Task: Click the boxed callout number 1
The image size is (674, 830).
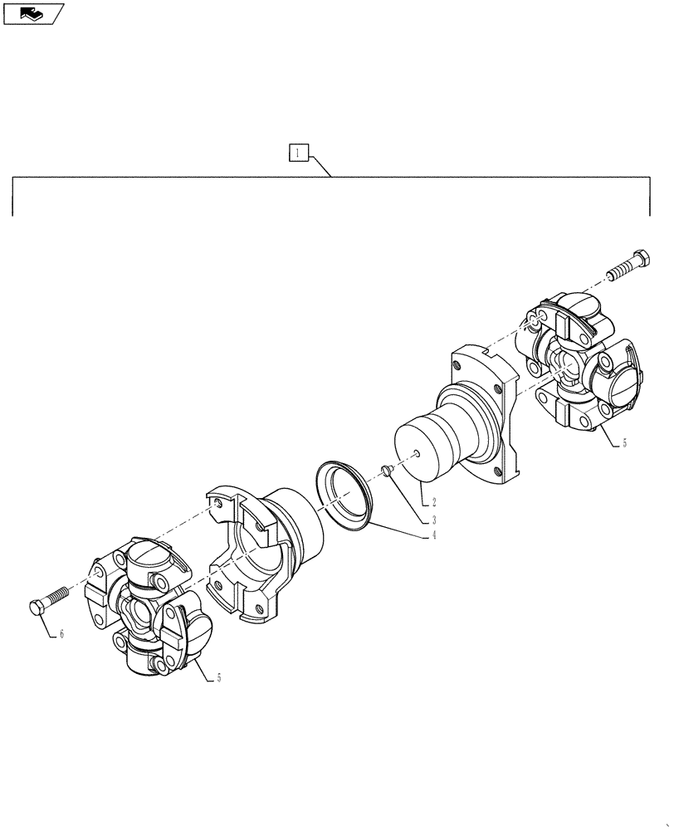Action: click(299, 153)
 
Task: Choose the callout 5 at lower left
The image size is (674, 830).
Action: click(218, 678)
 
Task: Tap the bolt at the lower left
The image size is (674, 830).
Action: click(51, 600)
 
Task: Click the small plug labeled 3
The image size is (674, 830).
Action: click(386, 471)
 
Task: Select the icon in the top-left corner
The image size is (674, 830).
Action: click(32, 12)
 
